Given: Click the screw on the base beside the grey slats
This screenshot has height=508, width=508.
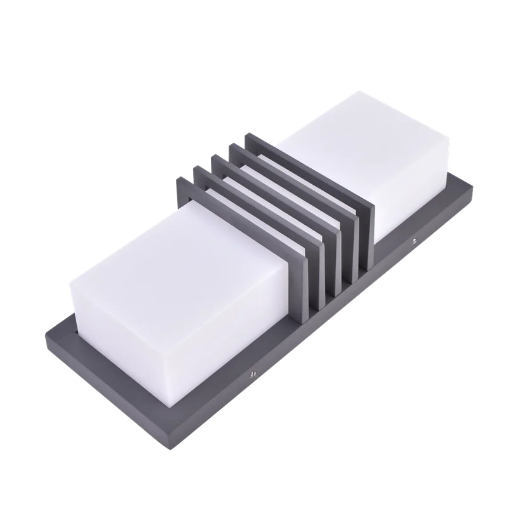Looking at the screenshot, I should point(413,240).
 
